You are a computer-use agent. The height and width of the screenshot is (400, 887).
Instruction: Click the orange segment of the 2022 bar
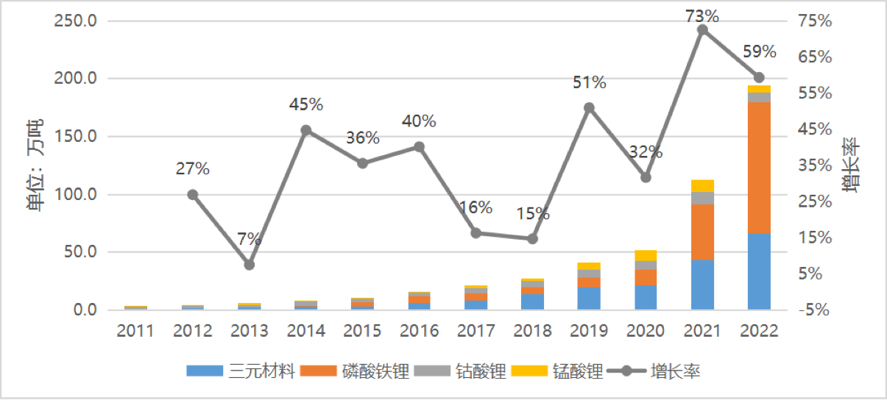tap(759, 168)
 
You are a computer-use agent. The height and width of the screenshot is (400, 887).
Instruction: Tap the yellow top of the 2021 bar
tap(702, 185)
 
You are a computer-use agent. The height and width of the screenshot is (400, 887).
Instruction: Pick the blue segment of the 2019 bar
tap(589, 298)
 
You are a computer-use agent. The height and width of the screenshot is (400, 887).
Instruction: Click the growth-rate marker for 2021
tap(702, 30)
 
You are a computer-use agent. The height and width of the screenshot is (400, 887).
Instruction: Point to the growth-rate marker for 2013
tap(250, 265)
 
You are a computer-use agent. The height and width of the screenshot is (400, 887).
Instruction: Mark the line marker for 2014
tap(306, 130)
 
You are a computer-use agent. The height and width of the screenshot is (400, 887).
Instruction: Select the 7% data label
tap(250, 239)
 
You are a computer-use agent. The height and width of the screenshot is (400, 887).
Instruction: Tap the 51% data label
tap(589, 83)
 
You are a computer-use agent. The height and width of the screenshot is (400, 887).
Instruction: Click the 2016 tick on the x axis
tap(419, 330)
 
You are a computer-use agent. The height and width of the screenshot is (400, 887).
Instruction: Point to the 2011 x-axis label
tap(135, 330)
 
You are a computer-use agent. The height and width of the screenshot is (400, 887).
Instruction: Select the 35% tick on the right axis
tap(816, 165)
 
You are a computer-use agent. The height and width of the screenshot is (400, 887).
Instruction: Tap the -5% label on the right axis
tap(814, 310)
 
